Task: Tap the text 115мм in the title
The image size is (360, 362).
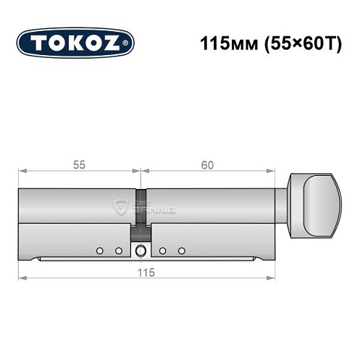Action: (224, 42)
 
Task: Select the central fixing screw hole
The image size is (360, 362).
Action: (140, 251)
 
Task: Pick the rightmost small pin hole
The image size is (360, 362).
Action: (181, 251)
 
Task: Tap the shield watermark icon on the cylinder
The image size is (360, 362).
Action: (120, 208)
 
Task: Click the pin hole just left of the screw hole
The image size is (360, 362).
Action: (118, 251)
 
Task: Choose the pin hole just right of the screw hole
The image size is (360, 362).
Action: (163, 251)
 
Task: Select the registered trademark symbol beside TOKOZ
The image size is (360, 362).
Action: (128, 43)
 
